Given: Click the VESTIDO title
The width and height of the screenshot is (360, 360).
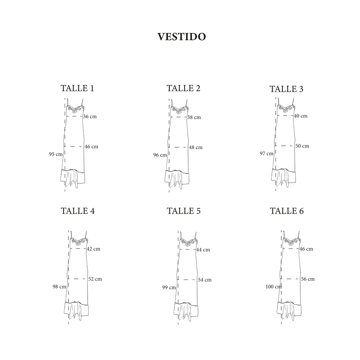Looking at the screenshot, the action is pos(182,37).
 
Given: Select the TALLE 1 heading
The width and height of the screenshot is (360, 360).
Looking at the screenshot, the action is pos(77,88).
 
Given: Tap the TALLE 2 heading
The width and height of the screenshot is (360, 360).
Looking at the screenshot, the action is pos(184,88).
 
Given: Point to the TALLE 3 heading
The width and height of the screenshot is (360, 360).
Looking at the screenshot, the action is pos(287,89).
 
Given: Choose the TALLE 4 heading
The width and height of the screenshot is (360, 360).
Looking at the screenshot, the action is pos(78,211).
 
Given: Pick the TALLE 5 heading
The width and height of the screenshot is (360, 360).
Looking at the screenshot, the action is pos(184,211).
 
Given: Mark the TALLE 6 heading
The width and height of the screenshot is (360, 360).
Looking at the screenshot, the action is pos(287,211).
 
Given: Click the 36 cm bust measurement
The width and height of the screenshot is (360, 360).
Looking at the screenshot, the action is pos(90,117).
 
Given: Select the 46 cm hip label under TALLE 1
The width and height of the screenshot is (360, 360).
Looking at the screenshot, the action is pos(91,147).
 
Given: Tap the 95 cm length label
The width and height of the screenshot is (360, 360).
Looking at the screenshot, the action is pos(56,154).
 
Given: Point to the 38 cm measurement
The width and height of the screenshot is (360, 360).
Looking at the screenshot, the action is pos(194,117).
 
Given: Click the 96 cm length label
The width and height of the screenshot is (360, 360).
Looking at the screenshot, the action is pos(160,155).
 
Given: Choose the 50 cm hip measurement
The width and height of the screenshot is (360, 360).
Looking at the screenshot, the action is pos(302,146).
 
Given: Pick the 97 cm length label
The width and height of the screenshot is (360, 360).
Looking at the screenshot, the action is pos(266,154).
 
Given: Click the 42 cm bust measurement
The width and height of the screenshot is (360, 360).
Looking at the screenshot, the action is pos(94,249).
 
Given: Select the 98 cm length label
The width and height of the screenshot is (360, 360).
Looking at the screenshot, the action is pos(59,287).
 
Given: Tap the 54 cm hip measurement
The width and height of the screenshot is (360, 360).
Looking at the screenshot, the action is pos(205,280).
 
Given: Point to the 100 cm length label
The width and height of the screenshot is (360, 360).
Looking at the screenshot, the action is pos(274,287).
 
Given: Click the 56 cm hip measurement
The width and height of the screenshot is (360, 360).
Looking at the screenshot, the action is pos(308,279).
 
